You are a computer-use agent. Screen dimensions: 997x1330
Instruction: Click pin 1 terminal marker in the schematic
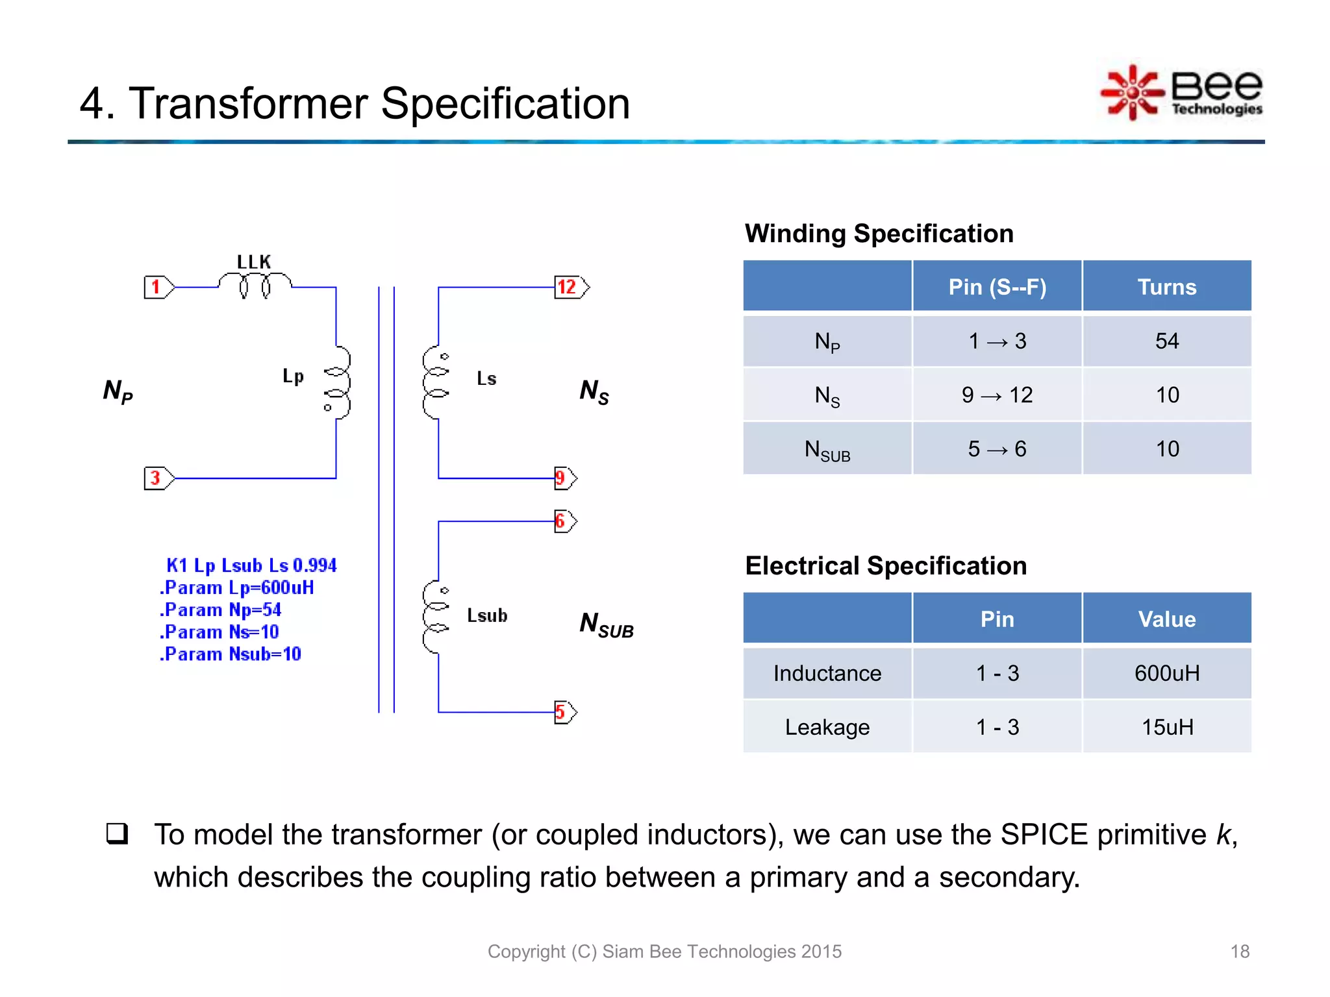[x=158, y=287]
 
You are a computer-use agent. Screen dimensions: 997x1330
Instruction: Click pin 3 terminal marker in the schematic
[x=158, y=478]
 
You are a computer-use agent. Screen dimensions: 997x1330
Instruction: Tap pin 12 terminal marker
[x=571, y=287]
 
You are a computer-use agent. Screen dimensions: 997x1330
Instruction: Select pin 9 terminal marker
[x=564, y=478]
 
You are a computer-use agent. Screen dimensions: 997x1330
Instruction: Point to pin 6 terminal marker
[x=564, y=521]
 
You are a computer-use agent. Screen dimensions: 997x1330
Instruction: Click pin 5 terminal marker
[x=564, y=712]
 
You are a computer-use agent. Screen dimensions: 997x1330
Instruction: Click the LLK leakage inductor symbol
[x=255, y=284]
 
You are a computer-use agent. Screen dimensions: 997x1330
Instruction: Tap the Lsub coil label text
[x=487, y=615]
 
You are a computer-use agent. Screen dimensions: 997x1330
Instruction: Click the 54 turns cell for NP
[x=1166, y=341]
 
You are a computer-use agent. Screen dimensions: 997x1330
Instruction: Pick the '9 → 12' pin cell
[x=997, y=395]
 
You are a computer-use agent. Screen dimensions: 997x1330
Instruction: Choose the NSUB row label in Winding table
[x=827, y=449]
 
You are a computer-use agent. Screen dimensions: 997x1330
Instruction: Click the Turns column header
[x=1166, y=287]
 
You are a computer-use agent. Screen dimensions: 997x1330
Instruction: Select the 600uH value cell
[x=1166, y=673]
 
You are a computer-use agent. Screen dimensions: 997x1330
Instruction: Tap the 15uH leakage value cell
[x=1166, y=727]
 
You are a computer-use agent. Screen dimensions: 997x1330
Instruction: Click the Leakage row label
[x=827, y=727]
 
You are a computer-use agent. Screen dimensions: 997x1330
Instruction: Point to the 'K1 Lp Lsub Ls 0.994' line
[x=251, y=565]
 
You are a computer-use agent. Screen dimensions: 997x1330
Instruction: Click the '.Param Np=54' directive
[x=221, y=610]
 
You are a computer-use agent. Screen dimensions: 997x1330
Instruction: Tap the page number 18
[x=1239, y=952]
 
